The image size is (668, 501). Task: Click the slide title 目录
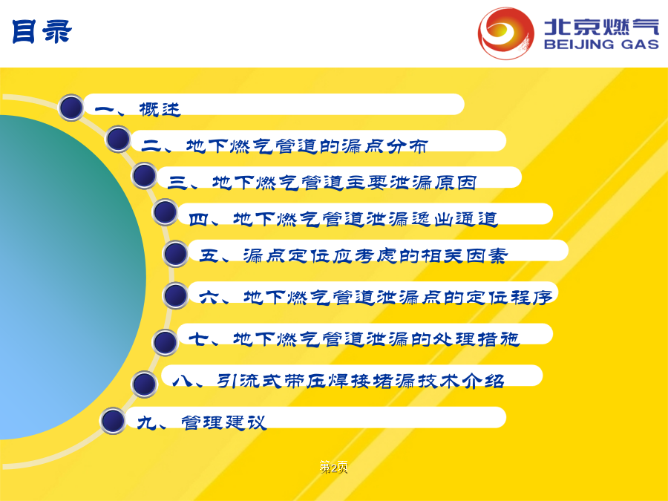tap(42, 31)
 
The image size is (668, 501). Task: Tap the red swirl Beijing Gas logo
tap(505, 33)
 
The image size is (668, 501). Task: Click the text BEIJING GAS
tap(601, 45)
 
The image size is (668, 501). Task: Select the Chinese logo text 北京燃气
tap(601, 27)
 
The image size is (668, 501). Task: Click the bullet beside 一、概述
tap(71, 108)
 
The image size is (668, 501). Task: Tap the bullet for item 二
tap(118, 139)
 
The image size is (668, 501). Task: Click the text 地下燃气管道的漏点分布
tap(307, 146)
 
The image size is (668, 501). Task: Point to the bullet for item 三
tap(145, 175)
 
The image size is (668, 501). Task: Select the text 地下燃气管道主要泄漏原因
tap(344, 183)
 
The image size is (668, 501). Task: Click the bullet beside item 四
tap(166, 212)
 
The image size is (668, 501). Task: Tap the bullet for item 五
tap(175, 254)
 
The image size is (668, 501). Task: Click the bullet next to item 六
tap(175, 295)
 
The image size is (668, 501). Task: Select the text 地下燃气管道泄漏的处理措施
tap(376, 339)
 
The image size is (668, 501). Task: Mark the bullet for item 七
tap(166, 341)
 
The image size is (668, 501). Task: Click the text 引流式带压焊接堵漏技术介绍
tap(361, 381)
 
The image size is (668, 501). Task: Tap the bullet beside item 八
tap(145, 384)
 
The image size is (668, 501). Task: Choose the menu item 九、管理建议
tap(201, 422)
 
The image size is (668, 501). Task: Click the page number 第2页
tap(333, 468)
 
